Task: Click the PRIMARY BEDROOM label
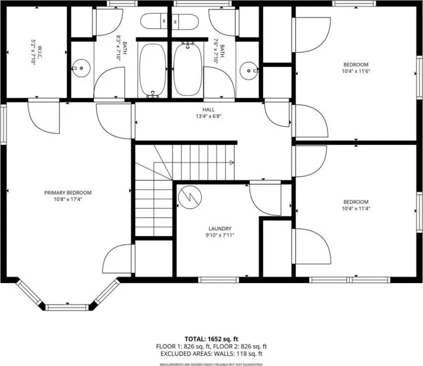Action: tap(68, 193)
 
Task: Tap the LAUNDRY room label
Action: tap(220, 229)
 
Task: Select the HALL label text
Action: tap(208, 110)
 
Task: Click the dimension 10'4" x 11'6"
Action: tap(356, 71)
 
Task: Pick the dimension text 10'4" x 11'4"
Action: tap(356, 208)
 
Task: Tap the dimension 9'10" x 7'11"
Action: tap(220, 235)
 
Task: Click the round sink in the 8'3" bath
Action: tap(81, 68)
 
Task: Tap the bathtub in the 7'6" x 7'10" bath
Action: tap(188, 69)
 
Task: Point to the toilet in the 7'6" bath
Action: tap(186, 21)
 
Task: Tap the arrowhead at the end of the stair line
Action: tap(232, 162)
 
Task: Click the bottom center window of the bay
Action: tap(67, 307)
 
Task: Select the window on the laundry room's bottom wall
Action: tap(218, 280)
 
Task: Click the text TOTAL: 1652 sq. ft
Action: tap(211, 339)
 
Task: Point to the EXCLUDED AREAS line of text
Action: tap(211, 354)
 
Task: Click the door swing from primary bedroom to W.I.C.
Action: tap(44, 118)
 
